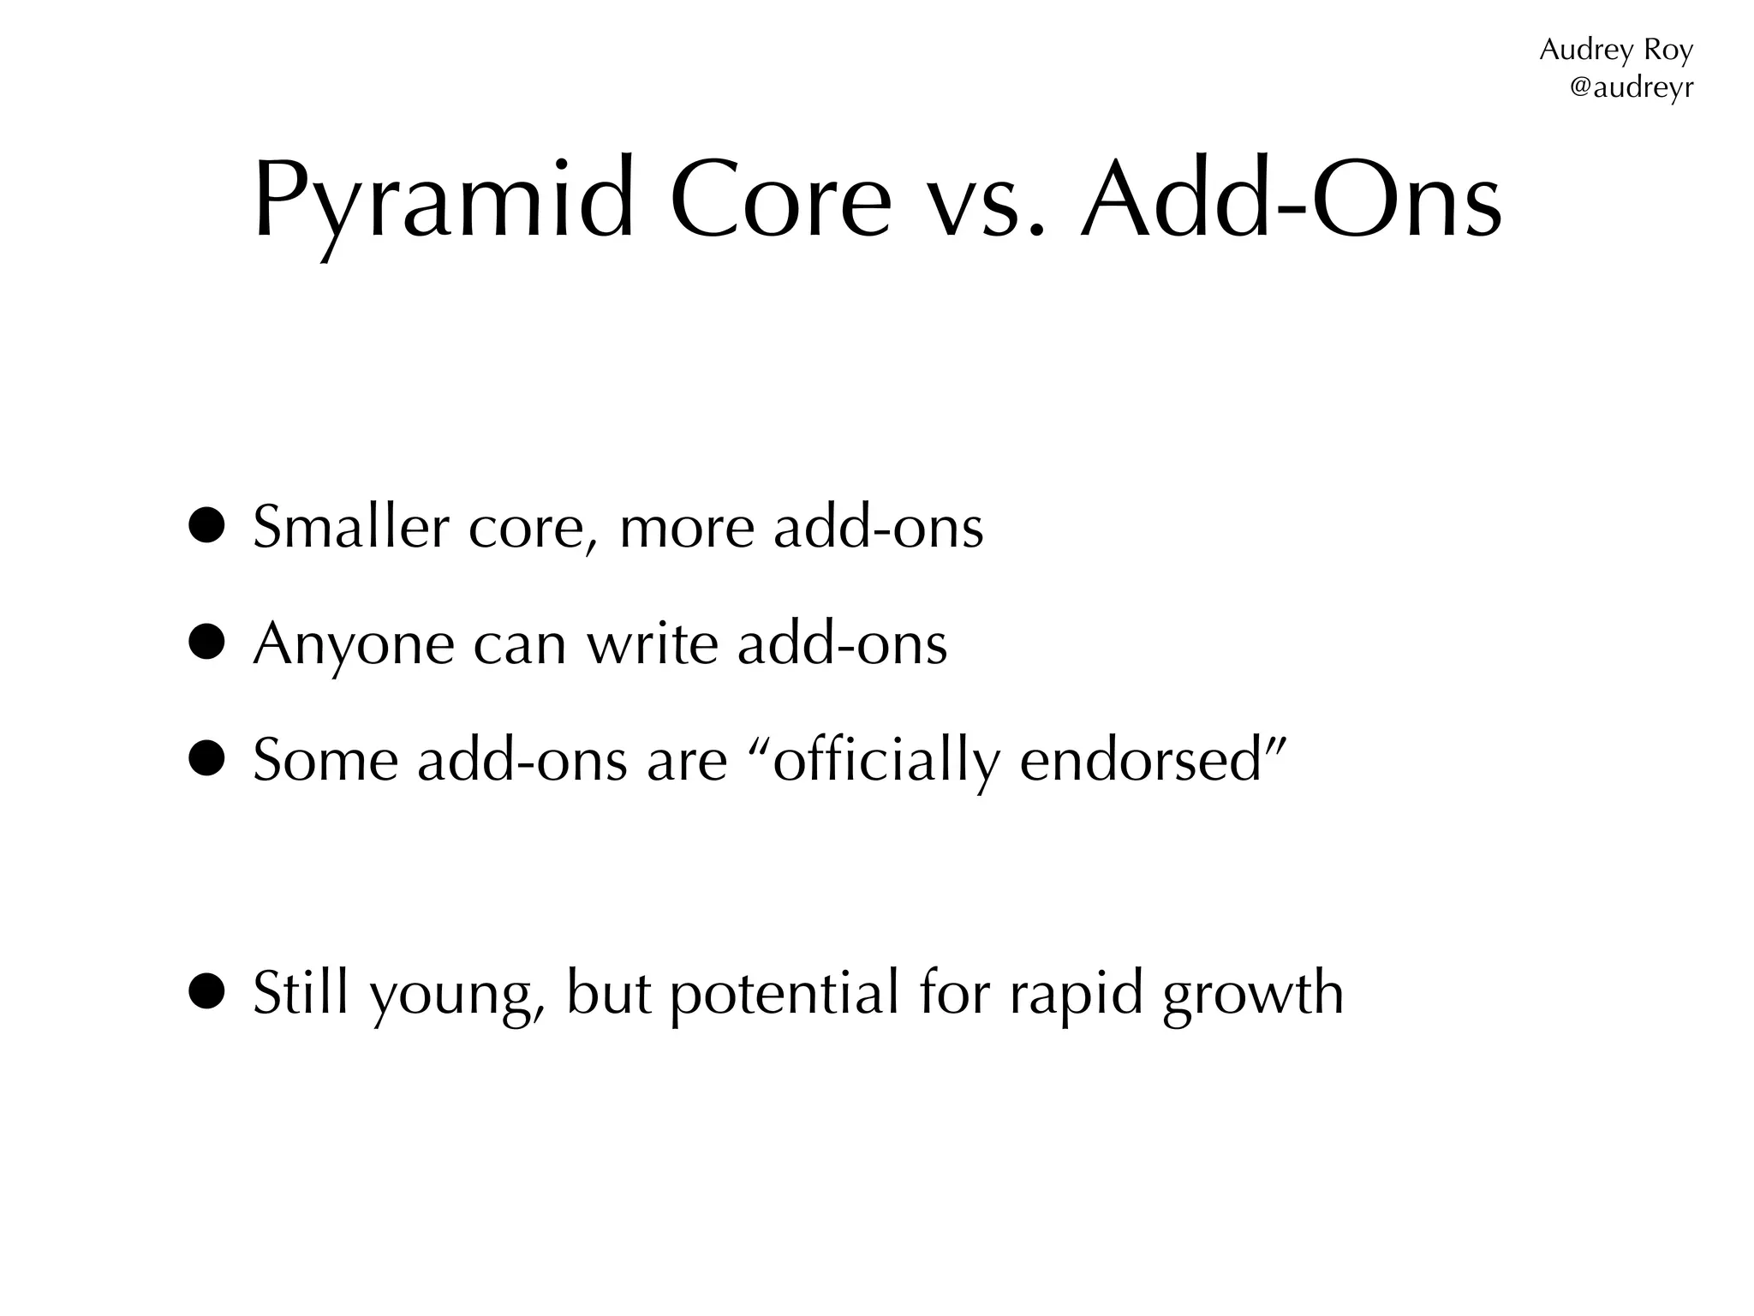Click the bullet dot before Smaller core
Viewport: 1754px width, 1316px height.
point(207,526)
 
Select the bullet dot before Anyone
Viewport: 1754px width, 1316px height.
point(207,643)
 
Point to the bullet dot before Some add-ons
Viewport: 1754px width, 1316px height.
point(207,759)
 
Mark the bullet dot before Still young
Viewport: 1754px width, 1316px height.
point(207,992)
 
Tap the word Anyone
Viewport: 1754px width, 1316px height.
point(353,644)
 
